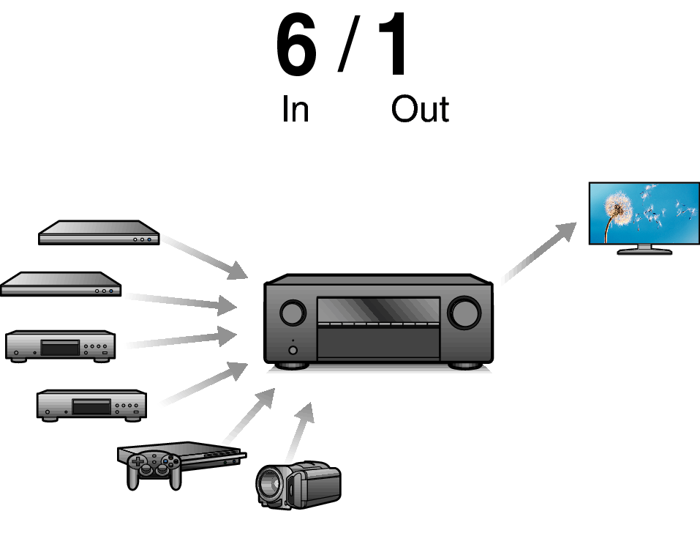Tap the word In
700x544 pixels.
295,110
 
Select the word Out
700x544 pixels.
420,110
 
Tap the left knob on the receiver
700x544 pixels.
292,313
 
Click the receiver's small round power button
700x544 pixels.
293,350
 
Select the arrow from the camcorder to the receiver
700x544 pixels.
300,432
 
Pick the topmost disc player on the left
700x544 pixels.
99,233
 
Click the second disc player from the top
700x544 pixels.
61,284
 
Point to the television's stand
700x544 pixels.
644,250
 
